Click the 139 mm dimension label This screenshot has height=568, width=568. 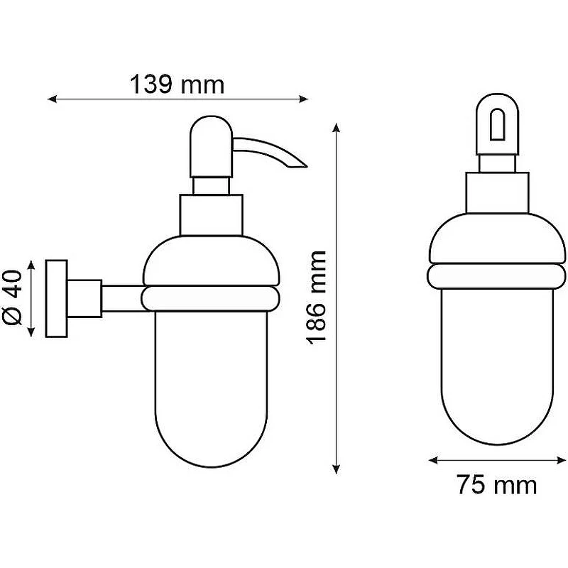(177, 84)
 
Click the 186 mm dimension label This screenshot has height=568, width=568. (316, 297)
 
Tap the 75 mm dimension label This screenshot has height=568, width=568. (496, 485)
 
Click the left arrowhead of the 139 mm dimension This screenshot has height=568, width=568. (52, 99)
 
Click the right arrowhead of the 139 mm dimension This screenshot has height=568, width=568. (304, 99)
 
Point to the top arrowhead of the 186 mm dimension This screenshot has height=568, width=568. (337, 129)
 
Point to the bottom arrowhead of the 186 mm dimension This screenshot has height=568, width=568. (337, 469)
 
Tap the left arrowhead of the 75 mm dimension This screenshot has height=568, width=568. (433, 460)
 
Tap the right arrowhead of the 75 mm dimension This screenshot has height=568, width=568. (561, 460)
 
